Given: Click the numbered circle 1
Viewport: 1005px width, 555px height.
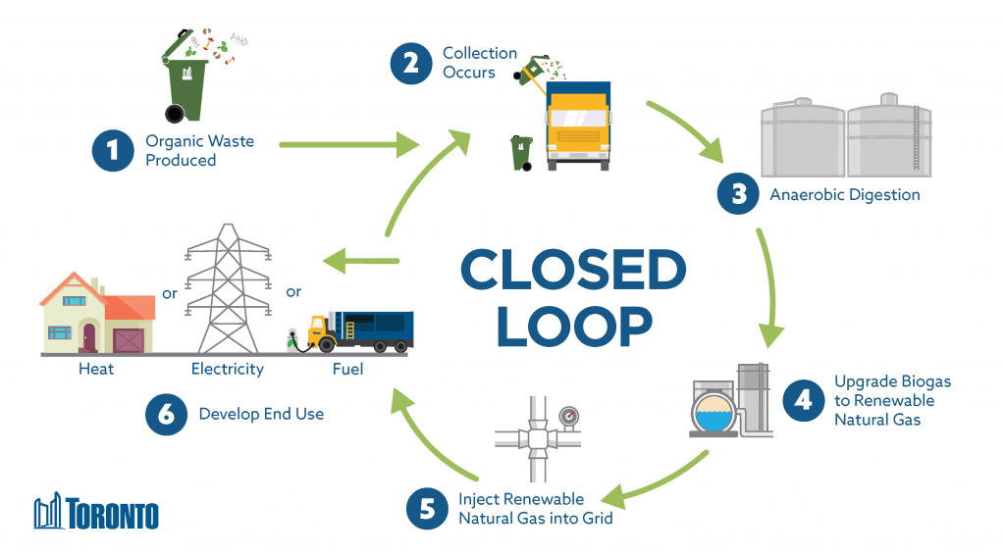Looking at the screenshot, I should point(112,151).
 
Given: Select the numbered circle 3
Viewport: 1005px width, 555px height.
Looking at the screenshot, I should point(739,193).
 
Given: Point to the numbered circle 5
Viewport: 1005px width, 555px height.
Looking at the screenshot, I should point(426,507).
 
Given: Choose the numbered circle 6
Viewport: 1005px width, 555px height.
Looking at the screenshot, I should point(166,414).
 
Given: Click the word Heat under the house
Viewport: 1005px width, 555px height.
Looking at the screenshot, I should point(96,370).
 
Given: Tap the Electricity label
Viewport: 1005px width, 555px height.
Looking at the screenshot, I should point(227,370).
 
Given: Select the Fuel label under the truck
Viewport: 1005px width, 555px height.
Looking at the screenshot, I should point(347,370).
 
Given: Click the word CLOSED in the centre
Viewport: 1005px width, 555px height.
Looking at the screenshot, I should point(573,270).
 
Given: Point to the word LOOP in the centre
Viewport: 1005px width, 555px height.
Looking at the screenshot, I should point(573,326).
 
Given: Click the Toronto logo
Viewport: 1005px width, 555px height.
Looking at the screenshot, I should point(96,513).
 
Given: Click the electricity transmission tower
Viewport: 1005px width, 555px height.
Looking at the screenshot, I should point(228,289).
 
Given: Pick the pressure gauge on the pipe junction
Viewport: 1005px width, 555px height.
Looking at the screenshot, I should point(568,417).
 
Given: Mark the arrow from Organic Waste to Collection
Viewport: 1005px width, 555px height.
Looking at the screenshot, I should point(348,146).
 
